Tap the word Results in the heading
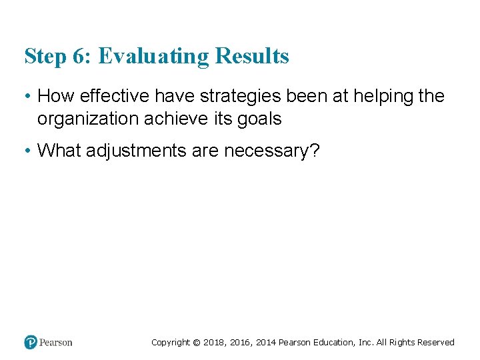[252, 56]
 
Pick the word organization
[88, 119]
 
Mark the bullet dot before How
[27, 97]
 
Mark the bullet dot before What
[27, 151]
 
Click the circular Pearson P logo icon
[31, 342]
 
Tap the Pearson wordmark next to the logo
[56, 342]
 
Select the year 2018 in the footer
[213, 343]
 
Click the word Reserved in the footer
[437, 343]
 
